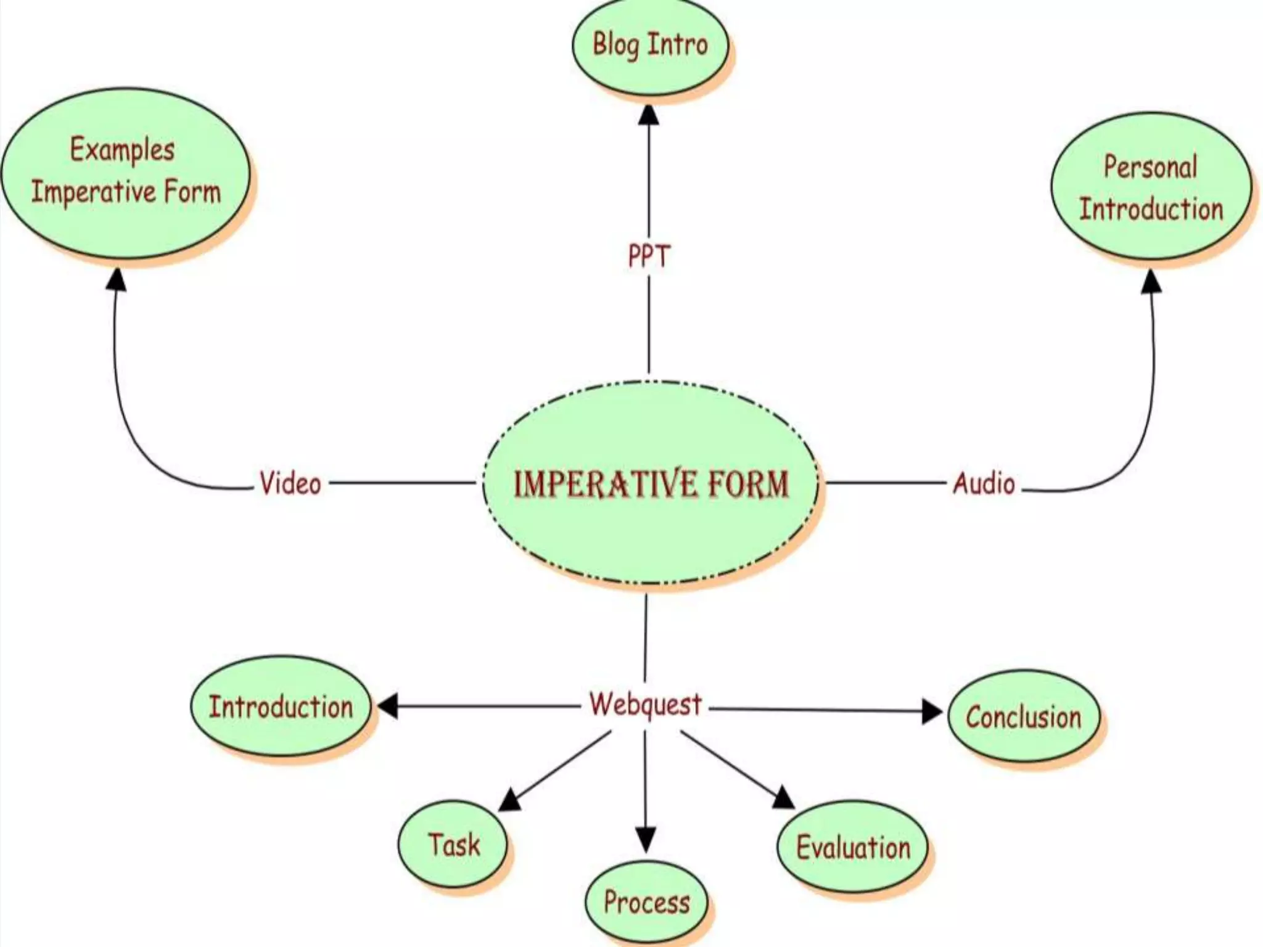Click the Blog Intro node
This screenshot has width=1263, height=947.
pyautogui.click(x=650, y=46)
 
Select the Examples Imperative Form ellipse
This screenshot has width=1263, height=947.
pyautogui.click(x=126, y=173)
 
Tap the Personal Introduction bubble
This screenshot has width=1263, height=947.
pyautogui.click(x=1151, y=187)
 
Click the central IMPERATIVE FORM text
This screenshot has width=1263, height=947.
pyautogui.click(x=651, y=483)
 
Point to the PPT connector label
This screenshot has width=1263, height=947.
pyautogui.click(x=648, y=256)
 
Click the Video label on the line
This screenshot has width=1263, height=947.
pyautogui.click(x=290, y=483)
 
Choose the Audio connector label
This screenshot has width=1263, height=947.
pyautogui.click(x=984, y=483)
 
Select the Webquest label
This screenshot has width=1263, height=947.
pyautogui.click(x=645, y=704)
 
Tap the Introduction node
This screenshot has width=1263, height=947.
pyautogui.click(x=281, y=707)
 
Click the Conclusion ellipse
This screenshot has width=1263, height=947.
pyautogui.click(x=1023, y=717)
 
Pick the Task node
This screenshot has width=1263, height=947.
pyautogui.click(x=453, y=844)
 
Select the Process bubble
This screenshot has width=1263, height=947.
pyautogui.click(x=646, y=902)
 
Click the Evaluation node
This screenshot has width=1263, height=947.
pyautogui.click(x=853, y=847)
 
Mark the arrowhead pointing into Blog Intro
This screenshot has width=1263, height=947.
pyautogui.click(x=648, y=115)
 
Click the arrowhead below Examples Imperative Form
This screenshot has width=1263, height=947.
pyautogui.click(x=117, y=280)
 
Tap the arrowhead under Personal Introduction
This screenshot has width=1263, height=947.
pyautogui.click(x=1151, y=282)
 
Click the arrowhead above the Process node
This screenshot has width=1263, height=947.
pyautogui.click(x=646, y=840)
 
